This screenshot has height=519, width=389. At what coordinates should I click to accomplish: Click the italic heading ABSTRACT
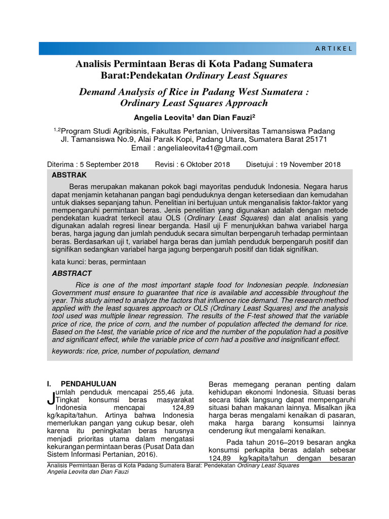pyautogui.click(x=72, y=273)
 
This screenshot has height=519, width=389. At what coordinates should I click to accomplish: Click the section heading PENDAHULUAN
pyautogui.click(x=89, y=383)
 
